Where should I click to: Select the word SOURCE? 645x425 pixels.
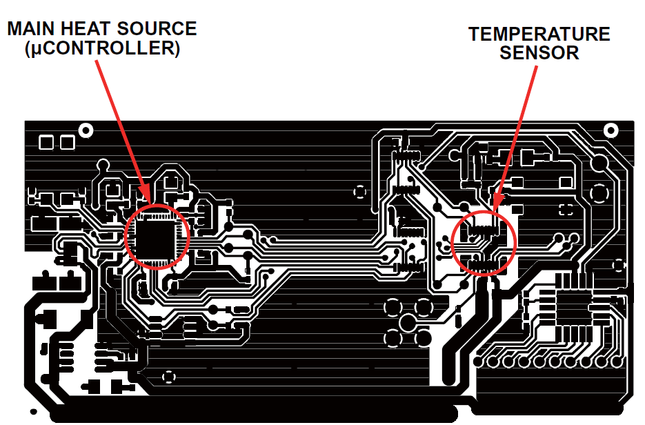[x=158, y=29]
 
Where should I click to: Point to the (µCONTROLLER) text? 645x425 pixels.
[x=101, y=50]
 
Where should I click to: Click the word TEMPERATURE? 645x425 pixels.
[x=539, y=34]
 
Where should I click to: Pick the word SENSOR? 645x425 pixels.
[x=539, y=53]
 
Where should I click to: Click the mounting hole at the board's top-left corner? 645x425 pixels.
[x=86, y=130]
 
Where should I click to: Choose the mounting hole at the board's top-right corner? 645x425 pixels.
[x=610, y=130]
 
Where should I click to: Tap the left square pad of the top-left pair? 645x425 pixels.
[x=46, y=143]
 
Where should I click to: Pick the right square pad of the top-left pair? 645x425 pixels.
[x=67, y=143]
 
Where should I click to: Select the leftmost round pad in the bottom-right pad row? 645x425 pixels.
[x=480, y=361]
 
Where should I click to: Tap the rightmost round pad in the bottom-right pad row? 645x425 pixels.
[x=617, y=361]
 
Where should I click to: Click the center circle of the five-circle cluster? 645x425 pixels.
[x=408, y=322]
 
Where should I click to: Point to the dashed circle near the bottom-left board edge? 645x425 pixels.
[x=168, y=377]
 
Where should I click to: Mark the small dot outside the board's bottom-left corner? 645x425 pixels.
[x=31, y=412]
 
